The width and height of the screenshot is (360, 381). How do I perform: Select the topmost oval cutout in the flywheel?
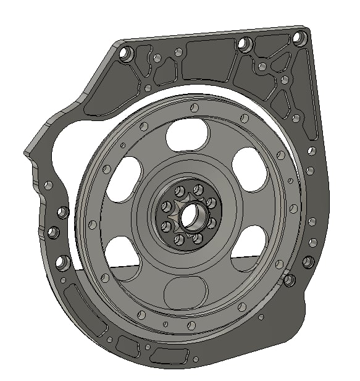(186, 133)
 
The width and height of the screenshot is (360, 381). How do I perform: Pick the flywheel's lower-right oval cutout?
(249, 246)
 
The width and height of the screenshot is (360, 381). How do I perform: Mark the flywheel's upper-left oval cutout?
(123, 178)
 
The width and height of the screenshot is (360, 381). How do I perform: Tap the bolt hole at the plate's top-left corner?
(127, 54)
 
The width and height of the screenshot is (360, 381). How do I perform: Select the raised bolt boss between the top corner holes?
(245, 44)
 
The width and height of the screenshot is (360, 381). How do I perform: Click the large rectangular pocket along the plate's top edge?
(206, 60)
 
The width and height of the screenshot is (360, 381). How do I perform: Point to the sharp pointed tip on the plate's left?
(27, 152)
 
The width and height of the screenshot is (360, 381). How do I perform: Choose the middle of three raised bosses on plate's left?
(53, 233)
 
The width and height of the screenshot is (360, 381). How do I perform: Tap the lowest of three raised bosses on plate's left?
(62, 262)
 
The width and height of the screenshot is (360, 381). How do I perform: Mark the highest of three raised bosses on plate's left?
(61, 212)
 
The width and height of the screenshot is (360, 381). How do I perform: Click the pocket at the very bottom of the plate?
(169, 356)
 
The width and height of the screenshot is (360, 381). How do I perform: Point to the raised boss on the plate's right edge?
(308, 262)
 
